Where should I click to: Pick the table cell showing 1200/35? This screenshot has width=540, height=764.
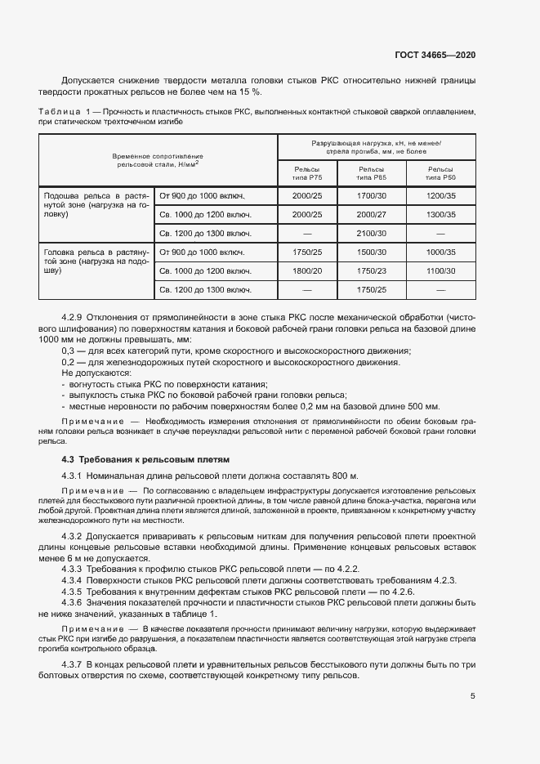pos(441,196)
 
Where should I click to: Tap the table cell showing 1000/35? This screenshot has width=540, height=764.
pos(441,252)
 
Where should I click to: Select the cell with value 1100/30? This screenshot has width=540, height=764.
pos(441,270)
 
